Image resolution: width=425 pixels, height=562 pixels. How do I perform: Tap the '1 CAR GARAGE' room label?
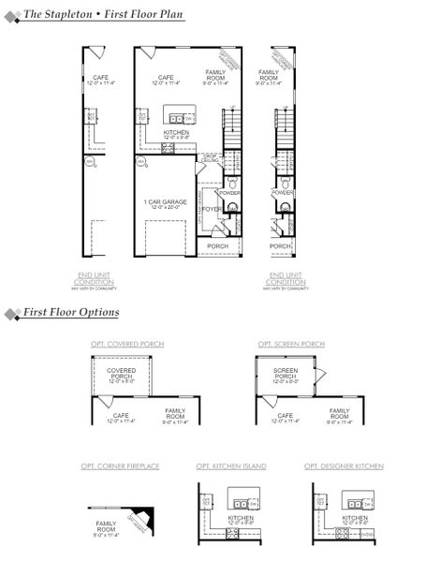(165, 202)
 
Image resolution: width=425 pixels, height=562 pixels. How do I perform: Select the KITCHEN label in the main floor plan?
(176, 133)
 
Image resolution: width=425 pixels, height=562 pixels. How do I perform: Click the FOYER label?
(210, 209)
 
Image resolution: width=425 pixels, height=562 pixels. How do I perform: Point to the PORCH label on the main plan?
(218, 246)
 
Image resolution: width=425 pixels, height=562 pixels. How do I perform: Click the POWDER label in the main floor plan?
(230, 193)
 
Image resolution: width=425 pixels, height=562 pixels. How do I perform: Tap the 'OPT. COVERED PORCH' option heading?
(127, 344)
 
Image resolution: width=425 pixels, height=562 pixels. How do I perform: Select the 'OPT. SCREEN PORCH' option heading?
(291, 344)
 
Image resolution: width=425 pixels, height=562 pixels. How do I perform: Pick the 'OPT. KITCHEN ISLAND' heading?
(230, 466)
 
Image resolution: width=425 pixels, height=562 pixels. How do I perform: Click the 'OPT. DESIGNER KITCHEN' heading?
(344, 466)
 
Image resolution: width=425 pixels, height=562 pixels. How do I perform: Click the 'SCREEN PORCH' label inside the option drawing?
(285, 377)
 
